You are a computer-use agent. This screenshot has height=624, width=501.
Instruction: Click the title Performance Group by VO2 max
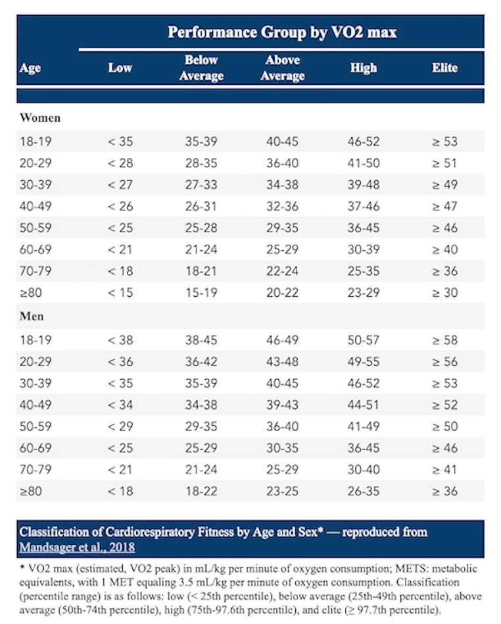[282, 32]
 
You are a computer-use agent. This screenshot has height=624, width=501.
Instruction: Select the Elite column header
[444, 68]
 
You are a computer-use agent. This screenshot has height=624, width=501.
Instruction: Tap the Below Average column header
[201, 68]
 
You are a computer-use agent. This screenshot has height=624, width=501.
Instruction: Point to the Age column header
[30, 68]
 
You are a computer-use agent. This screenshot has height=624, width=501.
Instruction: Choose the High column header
[364, 68]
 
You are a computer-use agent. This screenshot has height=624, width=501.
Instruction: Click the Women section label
[40, 118]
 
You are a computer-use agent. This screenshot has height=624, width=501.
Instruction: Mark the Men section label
[32, 317]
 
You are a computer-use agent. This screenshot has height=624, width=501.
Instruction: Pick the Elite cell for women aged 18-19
[445, 142]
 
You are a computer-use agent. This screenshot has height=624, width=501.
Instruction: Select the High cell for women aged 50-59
[364, 228]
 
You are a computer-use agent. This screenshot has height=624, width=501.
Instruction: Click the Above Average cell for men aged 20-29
[282, 362]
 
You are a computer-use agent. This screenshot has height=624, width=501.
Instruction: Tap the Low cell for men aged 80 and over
[120, 491]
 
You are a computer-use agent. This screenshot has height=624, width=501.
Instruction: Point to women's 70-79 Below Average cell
[201, 271]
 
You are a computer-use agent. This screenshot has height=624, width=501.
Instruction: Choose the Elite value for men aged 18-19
[445, 340]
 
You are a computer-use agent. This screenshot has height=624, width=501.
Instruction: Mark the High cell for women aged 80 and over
[364, 293]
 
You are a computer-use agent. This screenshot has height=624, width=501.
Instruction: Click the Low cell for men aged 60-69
[120, 448]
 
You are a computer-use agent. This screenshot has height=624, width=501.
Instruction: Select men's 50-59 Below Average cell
[201, 427]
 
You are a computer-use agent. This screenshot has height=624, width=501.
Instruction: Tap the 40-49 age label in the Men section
[36, 405]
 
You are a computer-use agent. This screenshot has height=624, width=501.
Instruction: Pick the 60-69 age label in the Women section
[36, 249]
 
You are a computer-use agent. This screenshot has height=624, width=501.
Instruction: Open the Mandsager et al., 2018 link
[77, 548]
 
